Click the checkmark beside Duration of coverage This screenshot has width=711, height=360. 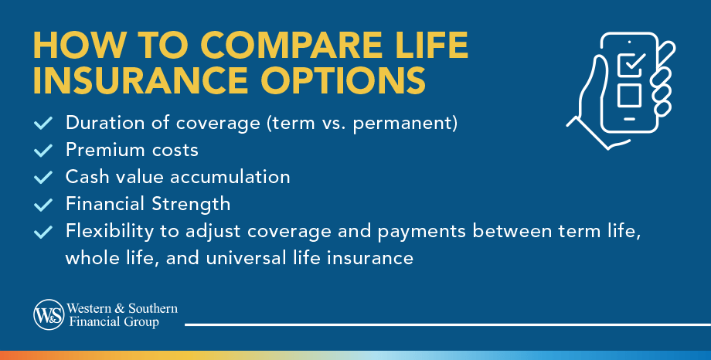tap(44, 123)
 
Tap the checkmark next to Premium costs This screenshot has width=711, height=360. tap(44, 150)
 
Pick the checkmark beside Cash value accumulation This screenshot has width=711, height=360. tap(44, 177)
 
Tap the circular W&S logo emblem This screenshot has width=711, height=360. tap(48, 314)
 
